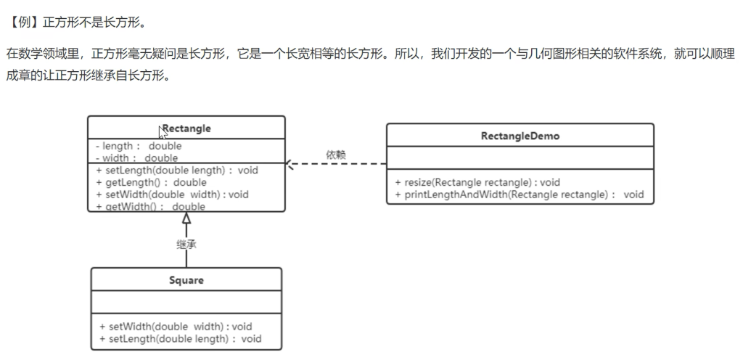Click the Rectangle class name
point(187,128)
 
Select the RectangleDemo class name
point(520,136)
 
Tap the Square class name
point(186,279)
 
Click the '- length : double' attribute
point(139,147)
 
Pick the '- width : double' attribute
point(137,157)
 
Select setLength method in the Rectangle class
point(177,171)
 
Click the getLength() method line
point(151,182)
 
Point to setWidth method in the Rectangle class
point(172,195)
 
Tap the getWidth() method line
point(150,206)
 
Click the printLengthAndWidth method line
point(520,195)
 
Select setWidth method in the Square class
point(176,327)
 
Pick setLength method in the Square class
point(180,338)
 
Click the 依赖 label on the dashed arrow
point(336,154)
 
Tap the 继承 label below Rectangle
point(186,245)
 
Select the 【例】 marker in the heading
point(22,22)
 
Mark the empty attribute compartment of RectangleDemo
point(520,160)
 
